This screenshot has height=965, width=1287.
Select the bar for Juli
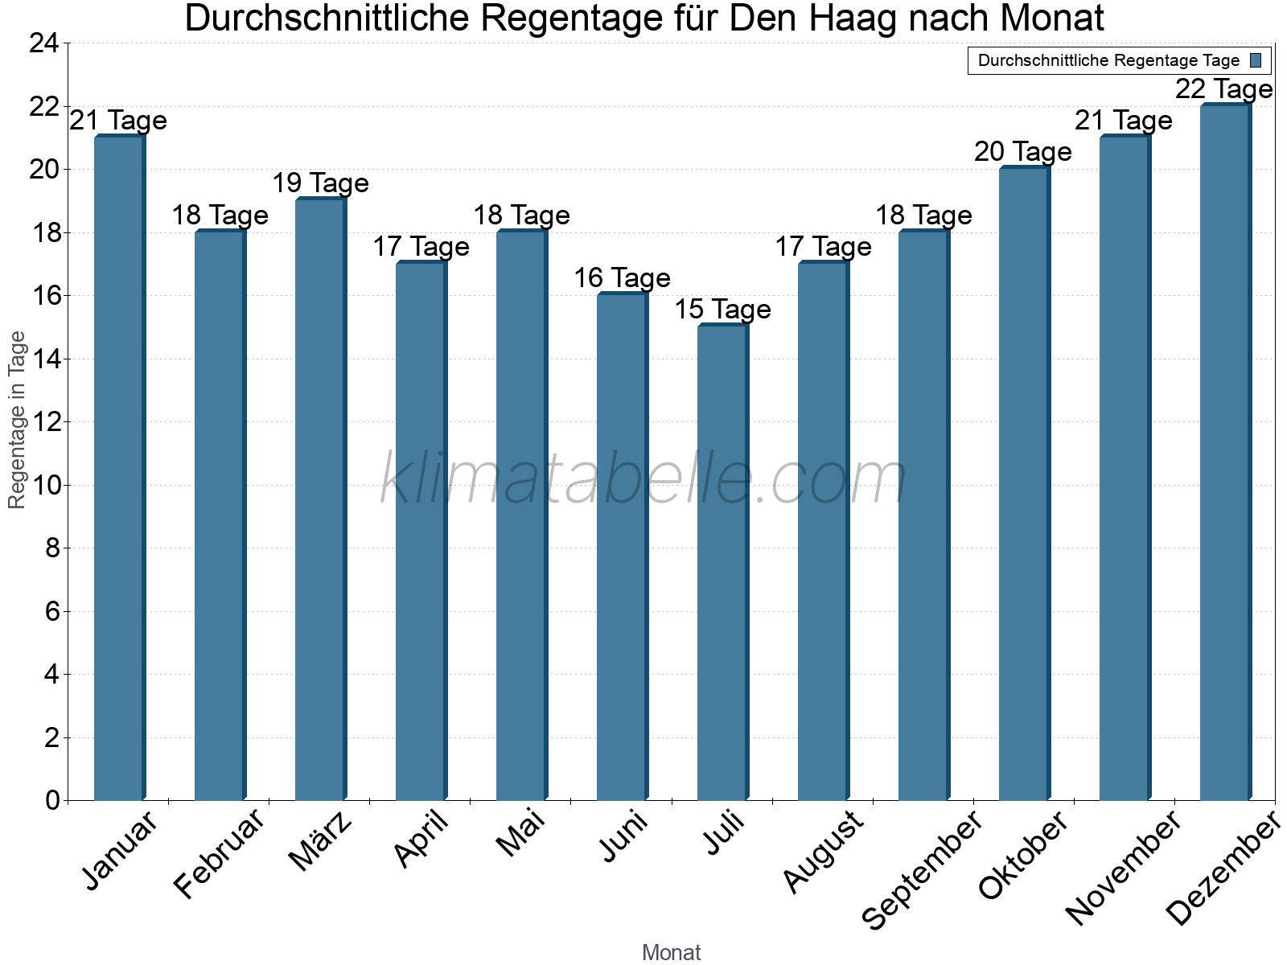(x=722, y=563)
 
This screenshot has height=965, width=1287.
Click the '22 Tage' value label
(x=1223, y=88)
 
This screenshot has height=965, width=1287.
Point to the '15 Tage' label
(x=722, y=310)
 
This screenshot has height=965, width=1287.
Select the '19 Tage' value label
(x=320, y=183)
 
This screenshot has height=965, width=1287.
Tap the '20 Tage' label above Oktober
(x=1023, y=152)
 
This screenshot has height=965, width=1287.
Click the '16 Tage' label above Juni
(x=622, y=278)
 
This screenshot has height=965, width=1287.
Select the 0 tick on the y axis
(x=52, y=800)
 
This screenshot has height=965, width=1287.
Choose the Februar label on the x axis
(x=219, y=854)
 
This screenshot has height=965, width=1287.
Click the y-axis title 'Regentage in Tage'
(x=17, y=420)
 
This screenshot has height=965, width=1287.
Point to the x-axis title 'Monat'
(x=671, y=953)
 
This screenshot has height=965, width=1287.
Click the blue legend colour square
(x=1256, y=60)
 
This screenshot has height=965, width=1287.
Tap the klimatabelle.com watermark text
(x=643, y=479)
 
